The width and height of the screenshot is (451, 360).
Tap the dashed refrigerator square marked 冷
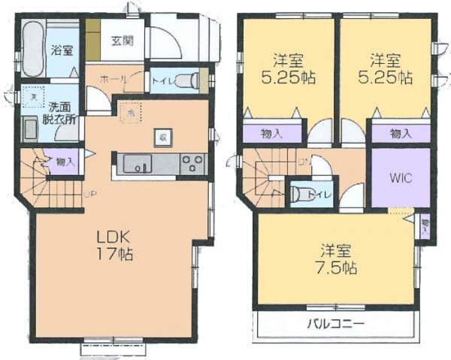pyautogui.click(x=131, y=110)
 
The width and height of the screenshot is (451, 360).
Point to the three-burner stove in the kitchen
pyautogui.click(x=193, y=163)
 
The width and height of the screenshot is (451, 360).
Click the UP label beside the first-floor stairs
pyautogui.click(x=89, y=195)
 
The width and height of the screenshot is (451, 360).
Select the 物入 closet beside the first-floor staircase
pyautogui.click(x=63, y=161)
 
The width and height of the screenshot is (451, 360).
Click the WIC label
pyautogui.click(x=401, y=179)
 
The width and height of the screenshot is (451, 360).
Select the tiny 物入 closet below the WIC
pyautogui.click(x=425, y=224)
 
